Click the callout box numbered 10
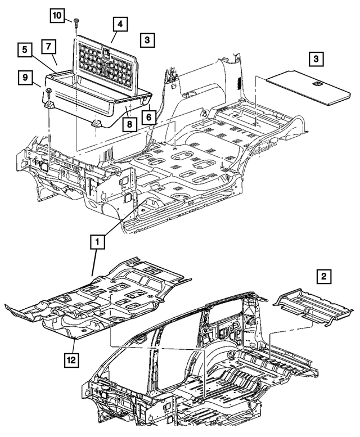pos(58,16)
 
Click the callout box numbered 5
pos(26,50)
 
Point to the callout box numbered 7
pos(49,44)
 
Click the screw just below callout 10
pos(76,23)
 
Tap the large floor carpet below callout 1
pos(107,298)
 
